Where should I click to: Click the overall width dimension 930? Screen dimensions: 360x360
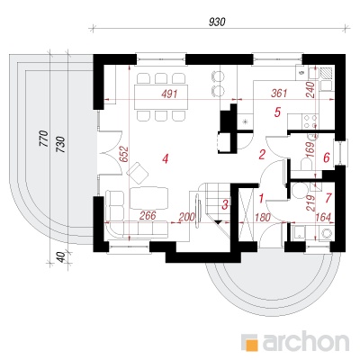(x=217, y=22)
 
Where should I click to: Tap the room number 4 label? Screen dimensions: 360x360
(x=166, y=158)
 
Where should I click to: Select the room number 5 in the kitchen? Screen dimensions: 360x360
(x=277, y=112)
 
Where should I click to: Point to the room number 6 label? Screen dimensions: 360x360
(x=327, y=157)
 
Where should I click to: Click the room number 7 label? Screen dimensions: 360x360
(x=328, y=198)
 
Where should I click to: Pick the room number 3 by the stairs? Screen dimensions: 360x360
(x=225, y=205)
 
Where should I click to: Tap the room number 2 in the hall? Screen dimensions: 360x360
(x=262, y=155)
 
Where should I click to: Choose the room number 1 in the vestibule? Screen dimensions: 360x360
(x=261, y=198)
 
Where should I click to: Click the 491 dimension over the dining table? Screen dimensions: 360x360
(x=169, y=94)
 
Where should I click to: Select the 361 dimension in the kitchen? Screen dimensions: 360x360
(x=279, y=94)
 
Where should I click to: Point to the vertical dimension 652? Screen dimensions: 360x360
(x=124, y=155)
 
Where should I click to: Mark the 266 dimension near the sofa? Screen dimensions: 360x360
(x=148, y=215)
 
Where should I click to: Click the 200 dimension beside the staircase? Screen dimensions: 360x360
(x=186, y=217)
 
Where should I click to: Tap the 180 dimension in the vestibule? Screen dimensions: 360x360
(x=263, y=217)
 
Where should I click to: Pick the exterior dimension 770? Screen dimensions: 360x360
(x=44, y=139)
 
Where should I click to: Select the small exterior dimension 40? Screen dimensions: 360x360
(x=60, y=257)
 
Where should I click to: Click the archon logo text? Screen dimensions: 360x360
(x=306, y=341)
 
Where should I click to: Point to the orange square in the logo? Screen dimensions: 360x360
(x=251, y=344)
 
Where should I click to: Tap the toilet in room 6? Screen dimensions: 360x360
(x=307, y=165)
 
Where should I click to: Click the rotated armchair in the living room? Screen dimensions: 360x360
(x=138, y=173)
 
